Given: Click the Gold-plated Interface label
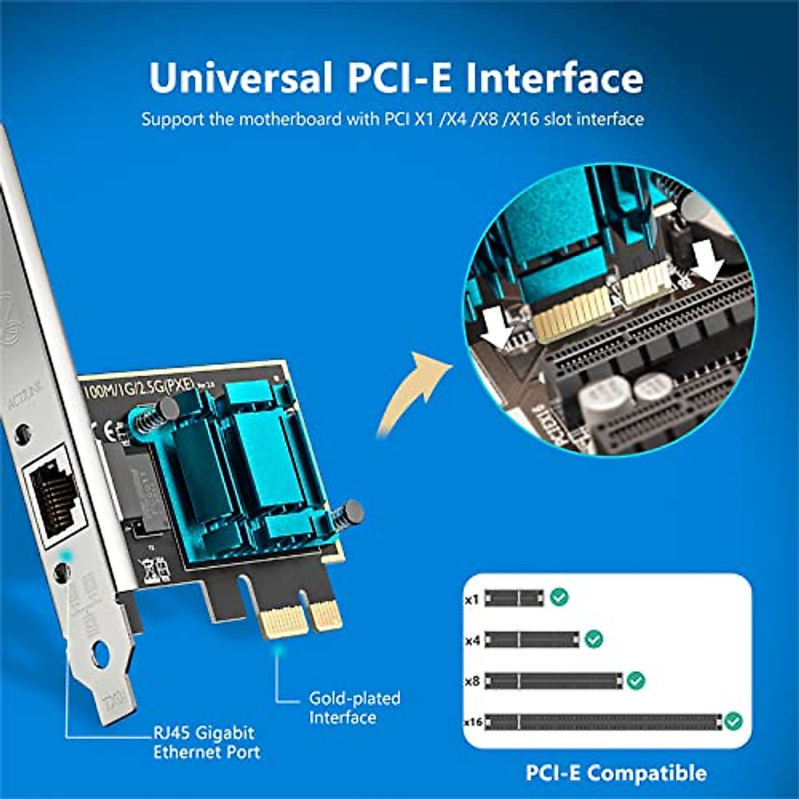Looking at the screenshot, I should (354, 708).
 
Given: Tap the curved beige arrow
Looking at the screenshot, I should (409, 393).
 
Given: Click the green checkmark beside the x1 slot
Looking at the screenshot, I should (559, 597).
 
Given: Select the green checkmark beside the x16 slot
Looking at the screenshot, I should (733, 720).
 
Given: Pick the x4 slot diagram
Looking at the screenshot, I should (531, 640).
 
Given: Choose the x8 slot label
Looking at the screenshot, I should (472, 681).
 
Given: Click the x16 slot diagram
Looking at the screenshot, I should (603, 722).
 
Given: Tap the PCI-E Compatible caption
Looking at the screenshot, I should (616, 773).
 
